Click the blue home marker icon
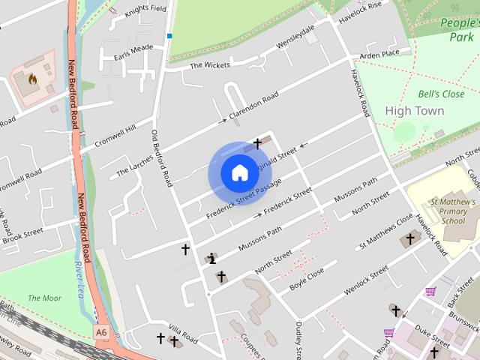[238, 173]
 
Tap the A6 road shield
[101, 330]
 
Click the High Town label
[414, 111]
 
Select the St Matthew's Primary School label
[452, 211]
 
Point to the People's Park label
[459, 29]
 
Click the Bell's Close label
[441, 94]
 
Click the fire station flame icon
[33, 77]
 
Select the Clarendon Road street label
[253, 106]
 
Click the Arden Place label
[379, 54]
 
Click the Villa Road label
[182, 334]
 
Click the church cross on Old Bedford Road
[185, 249]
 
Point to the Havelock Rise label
[360, 9]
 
